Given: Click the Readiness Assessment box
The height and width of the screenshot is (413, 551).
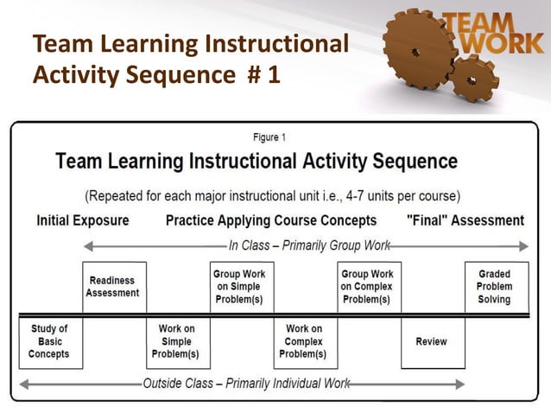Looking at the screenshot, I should pos(113,287).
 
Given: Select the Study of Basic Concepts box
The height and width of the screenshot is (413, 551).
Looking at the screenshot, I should pos(49,342).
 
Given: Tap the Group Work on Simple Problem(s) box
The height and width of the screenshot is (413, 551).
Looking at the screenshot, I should pos(239,287).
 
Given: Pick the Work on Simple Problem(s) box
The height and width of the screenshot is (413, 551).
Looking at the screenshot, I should pos(176,342).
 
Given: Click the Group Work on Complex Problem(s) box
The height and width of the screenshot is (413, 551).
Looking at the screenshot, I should pos(367,287).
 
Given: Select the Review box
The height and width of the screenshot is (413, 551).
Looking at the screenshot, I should pos(431,342).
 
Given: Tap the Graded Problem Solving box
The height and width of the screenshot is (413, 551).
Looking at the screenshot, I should pos(495,287).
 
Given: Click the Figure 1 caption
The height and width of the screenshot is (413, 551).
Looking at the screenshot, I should pos(269,137).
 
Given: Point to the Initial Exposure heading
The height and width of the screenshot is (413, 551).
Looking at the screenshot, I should pos(83,220).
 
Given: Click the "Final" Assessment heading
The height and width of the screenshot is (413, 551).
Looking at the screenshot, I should pos(465,220).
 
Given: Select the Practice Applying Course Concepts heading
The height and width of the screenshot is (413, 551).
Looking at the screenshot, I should pos(271,220).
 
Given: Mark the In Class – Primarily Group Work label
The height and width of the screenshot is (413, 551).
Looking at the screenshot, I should pos(309,245).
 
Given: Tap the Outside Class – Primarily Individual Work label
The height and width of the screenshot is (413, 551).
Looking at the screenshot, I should pos(245,384).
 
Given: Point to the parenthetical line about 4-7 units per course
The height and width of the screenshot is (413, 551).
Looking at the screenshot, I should pos(273,195).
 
